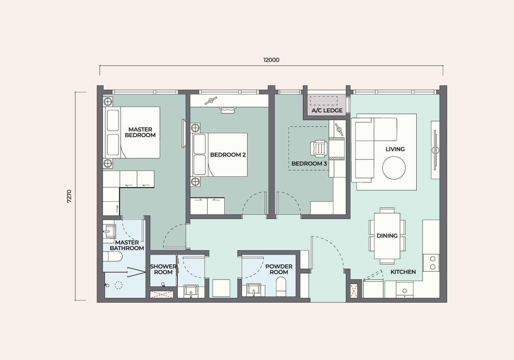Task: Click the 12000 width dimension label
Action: click(x=271, y=60)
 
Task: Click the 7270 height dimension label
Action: click(x=69, y=196)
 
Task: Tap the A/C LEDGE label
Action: click(x=327, y=111)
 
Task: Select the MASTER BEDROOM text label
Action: click(x=140, y=132)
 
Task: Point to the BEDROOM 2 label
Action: click(x=228, y=155)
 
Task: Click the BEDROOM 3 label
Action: click(x=309, y=164)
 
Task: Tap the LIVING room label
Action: click(x=395, y=149)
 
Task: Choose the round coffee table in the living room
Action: click(x=394, y=168)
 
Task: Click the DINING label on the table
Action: click(x=387, y=235)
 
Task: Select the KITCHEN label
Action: click(x=403, y=272)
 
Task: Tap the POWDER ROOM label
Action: click(x=279, y=269)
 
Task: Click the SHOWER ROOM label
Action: click(x=163, y=269)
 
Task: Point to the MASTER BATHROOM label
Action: click(x=127, y=245)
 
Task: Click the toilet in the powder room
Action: click(x=281, y=287)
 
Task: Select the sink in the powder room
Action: click(x=254, y=290)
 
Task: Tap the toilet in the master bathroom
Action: click(x=113, y=256)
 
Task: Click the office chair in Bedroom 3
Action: click(x=319, y=149)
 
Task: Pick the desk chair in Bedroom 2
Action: click(x=228, y=110)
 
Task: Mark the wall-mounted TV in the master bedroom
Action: click(x=184, y=133)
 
